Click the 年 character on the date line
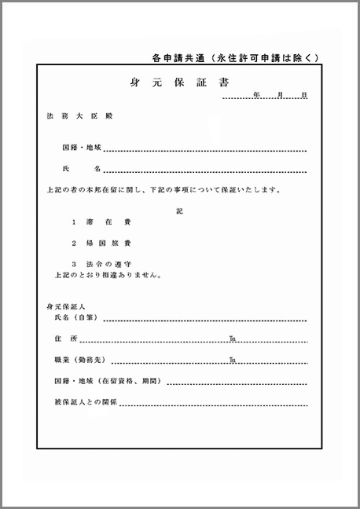(256, 95)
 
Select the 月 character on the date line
(280, 95)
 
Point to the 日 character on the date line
(303, 95)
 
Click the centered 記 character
(179, 212)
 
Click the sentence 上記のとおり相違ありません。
(108, 276)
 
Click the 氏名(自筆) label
(75, 317)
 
